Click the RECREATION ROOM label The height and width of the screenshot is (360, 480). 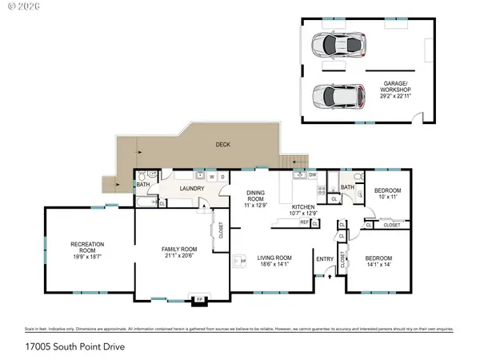click(89, 250)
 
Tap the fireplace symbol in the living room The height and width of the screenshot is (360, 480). click(239, 262)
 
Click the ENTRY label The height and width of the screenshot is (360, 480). click(325, 258)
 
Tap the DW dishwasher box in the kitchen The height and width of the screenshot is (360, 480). click(313, 174)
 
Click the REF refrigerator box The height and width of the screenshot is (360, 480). click(304, 222)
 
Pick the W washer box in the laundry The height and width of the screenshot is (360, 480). click(211, 177)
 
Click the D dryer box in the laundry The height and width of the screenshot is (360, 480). click(222, 177)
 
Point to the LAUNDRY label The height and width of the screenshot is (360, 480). click(192, 189)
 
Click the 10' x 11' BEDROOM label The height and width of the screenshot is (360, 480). click(387, 193)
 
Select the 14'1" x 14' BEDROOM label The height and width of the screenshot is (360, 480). click(379, 262)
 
